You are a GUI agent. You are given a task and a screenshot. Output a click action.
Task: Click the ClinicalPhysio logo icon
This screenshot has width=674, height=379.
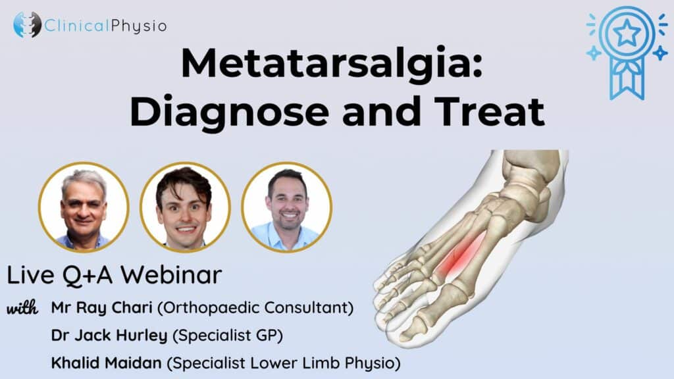pos(27,24)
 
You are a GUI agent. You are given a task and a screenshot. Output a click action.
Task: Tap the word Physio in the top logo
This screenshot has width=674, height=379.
pos(139,26)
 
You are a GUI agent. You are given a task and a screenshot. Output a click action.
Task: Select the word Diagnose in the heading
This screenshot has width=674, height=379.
pos(230,113)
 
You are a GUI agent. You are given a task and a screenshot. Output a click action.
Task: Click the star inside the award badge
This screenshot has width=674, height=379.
pos(627,33)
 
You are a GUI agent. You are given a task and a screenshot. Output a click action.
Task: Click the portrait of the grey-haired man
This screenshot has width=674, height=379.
pos(84,207)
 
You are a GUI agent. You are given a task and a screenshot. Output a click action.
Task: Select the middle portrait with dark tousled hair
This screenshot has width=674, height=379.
pos(185,207)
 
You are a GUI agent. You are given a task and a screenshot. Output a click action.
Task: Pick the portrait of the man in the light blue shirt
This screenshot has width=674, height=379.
pos(287,207)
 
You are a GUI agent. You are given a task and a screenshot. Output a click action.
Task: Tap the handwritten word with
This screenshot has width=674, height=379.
pos(22,308)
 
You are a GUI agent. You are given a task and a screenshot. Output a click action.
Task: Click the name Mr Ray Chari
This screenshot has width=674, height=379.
pos(102,308)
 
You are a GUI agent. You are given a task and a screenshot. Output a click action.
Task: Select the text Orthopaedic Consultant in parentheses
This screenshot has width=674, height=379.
pos(255,308)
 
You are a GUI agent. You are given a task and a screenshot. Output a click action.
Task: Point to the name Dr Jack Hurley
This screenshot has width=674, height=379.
pos(109,336)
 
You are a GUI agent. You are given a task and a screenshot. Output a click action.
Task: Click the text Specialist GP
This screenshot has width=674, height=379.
pos(227,336)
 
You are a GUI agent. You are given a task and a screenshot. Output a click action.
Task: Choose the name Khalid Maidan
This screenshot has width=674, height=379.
pos(106,363)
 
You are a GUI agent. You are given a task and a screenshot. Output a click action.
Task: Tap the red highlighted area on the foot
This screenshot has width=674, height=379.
pos(461,255)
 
